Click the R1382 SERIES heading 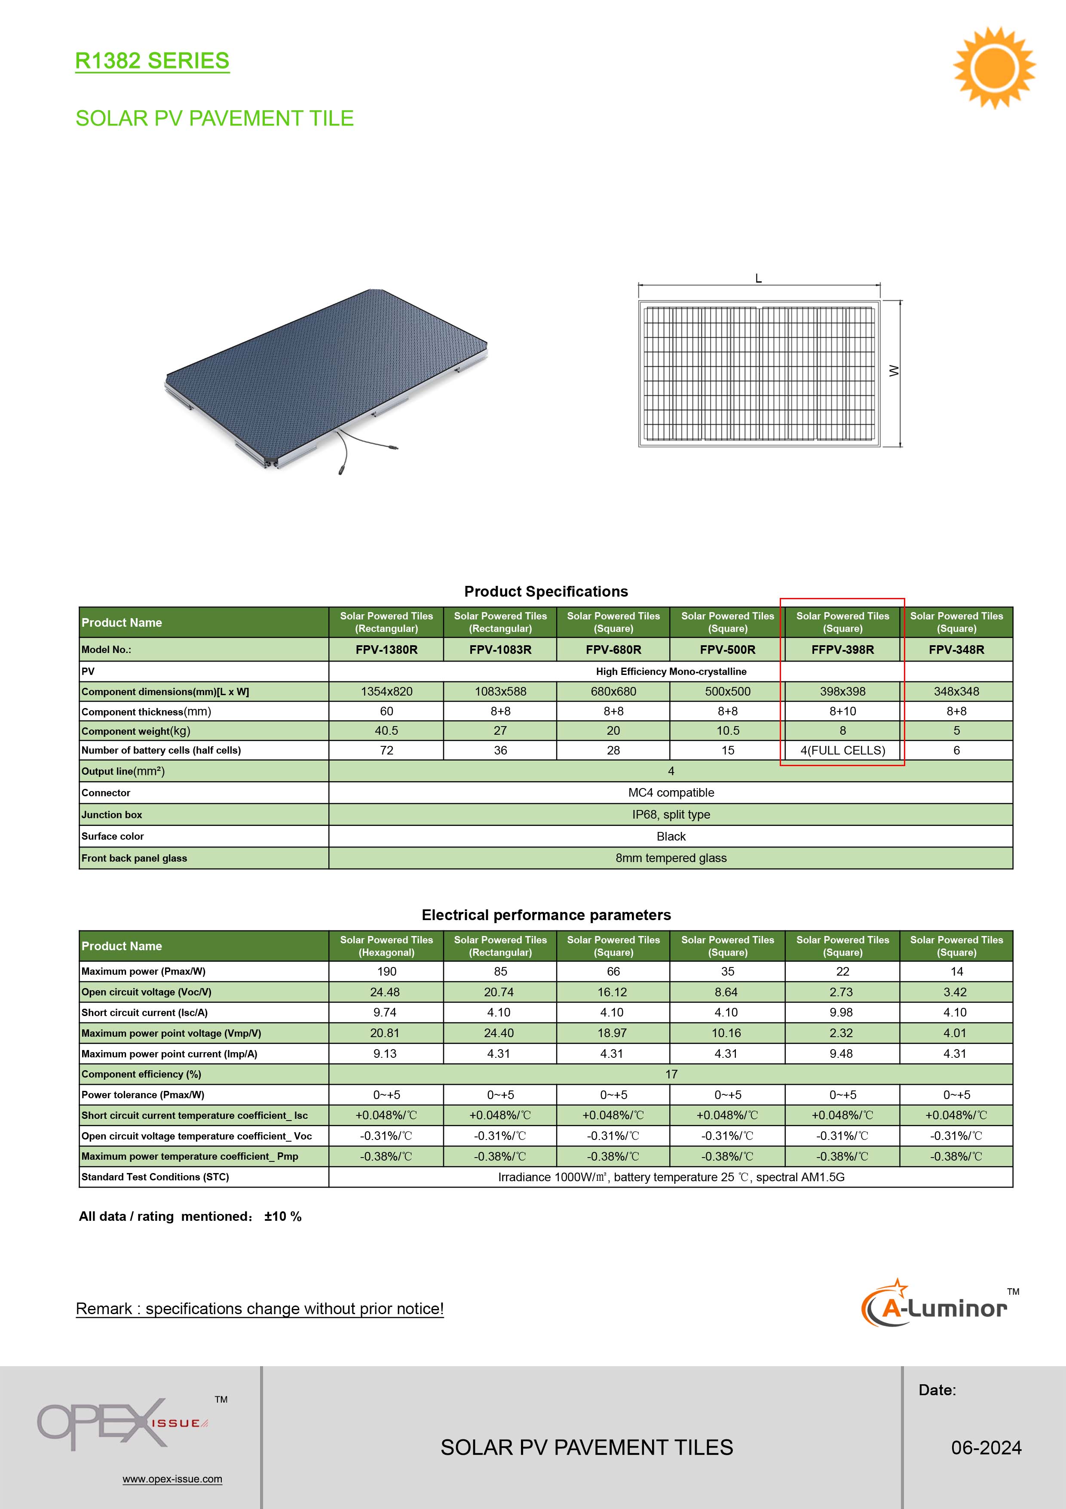tap(153, 61)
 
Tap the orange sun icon tap(994, 67)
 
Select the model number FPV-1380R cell tap(386, 650)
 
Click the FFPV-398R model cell tap(842, 650)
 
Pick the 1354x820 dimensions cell tap(386, 691)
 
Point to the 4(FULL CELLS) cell tap(842, 750)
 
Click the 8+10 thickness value tap(842, 711)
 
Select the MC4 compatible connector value tap(671, 793)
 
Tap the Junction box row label tap(112, 814)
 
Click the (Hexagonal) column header tap(386, 952)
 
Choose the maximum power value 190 tap(386, 971)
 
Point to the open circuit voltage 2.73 tap(842, 992)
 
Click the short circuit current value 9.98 tap(842, 1012)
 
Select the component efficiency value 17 tap(671, 1074)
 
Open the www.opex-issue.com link tap(172, 1479)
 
